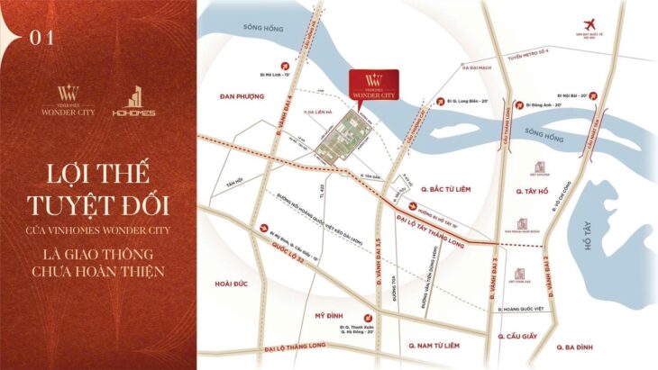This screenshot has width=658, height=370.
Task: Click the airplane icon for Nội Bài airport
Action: click(590, 23)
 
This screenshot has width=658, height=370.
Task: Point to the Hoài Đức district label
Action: click(233, 282)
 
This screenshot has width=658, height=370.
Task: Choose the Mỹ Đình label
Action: click(331, 316)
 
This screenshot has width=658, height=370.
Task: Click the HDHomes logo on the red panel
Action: click(141, 101)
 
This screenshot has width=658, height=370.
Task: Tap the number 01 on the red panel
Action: click(41, 36)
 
